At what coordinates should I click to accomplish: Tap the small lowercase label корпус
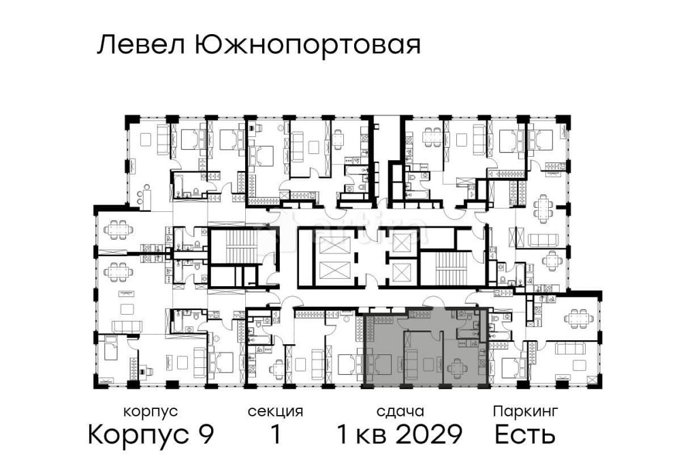click(x=151, y=412)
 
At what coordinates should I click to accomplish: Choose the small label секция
click(x=275, y=412)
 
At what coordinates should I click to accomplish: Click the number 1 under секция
click(x=275, y=434)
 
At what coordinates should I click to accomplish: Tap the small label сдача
click(x=400, y=412)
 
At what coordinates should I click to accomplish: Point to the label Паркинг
click(x=526, y=412)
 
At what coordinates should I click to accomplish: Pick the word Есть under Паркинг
click(x=525, y=434)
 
